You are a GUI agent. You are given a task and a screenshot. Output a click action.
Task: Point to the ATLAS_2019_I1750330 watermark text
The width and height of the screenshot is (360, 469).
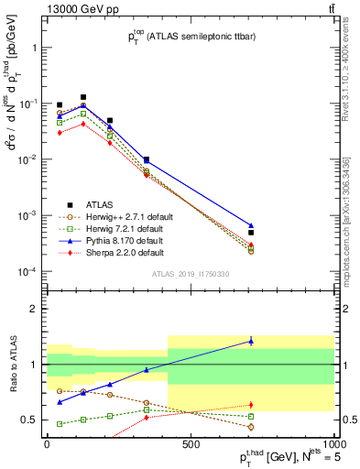click(190, 274)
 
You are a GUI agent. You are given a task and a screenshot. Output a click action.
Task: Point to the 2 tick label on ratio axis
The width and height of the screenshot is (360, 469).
click(34, 309)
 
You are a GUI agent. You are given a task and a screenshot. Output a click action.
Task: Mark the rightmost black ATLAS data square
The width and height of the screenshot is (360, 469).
click(251, 233)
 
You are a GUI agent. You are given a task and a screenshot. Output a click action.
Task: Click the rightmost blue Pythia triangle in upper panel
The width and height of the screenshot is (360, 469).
click(251, 225)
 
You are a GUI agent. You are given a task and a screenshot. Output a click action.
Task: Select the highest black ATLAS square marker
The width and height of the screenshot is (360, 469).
click(83, 97)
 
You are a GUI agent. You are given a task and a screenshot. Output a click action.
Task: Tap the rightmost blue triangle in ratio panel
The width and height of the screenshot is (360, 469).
click(251, 341)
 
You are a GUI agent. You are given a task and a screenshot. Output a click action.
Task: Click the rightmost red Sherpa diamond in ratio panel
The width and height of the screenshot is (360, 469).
click(251, 404)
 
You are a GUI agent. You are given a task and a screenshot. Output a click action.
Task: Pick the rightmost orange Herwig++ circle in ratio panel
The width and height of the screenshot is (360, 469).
click(251, 427)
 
